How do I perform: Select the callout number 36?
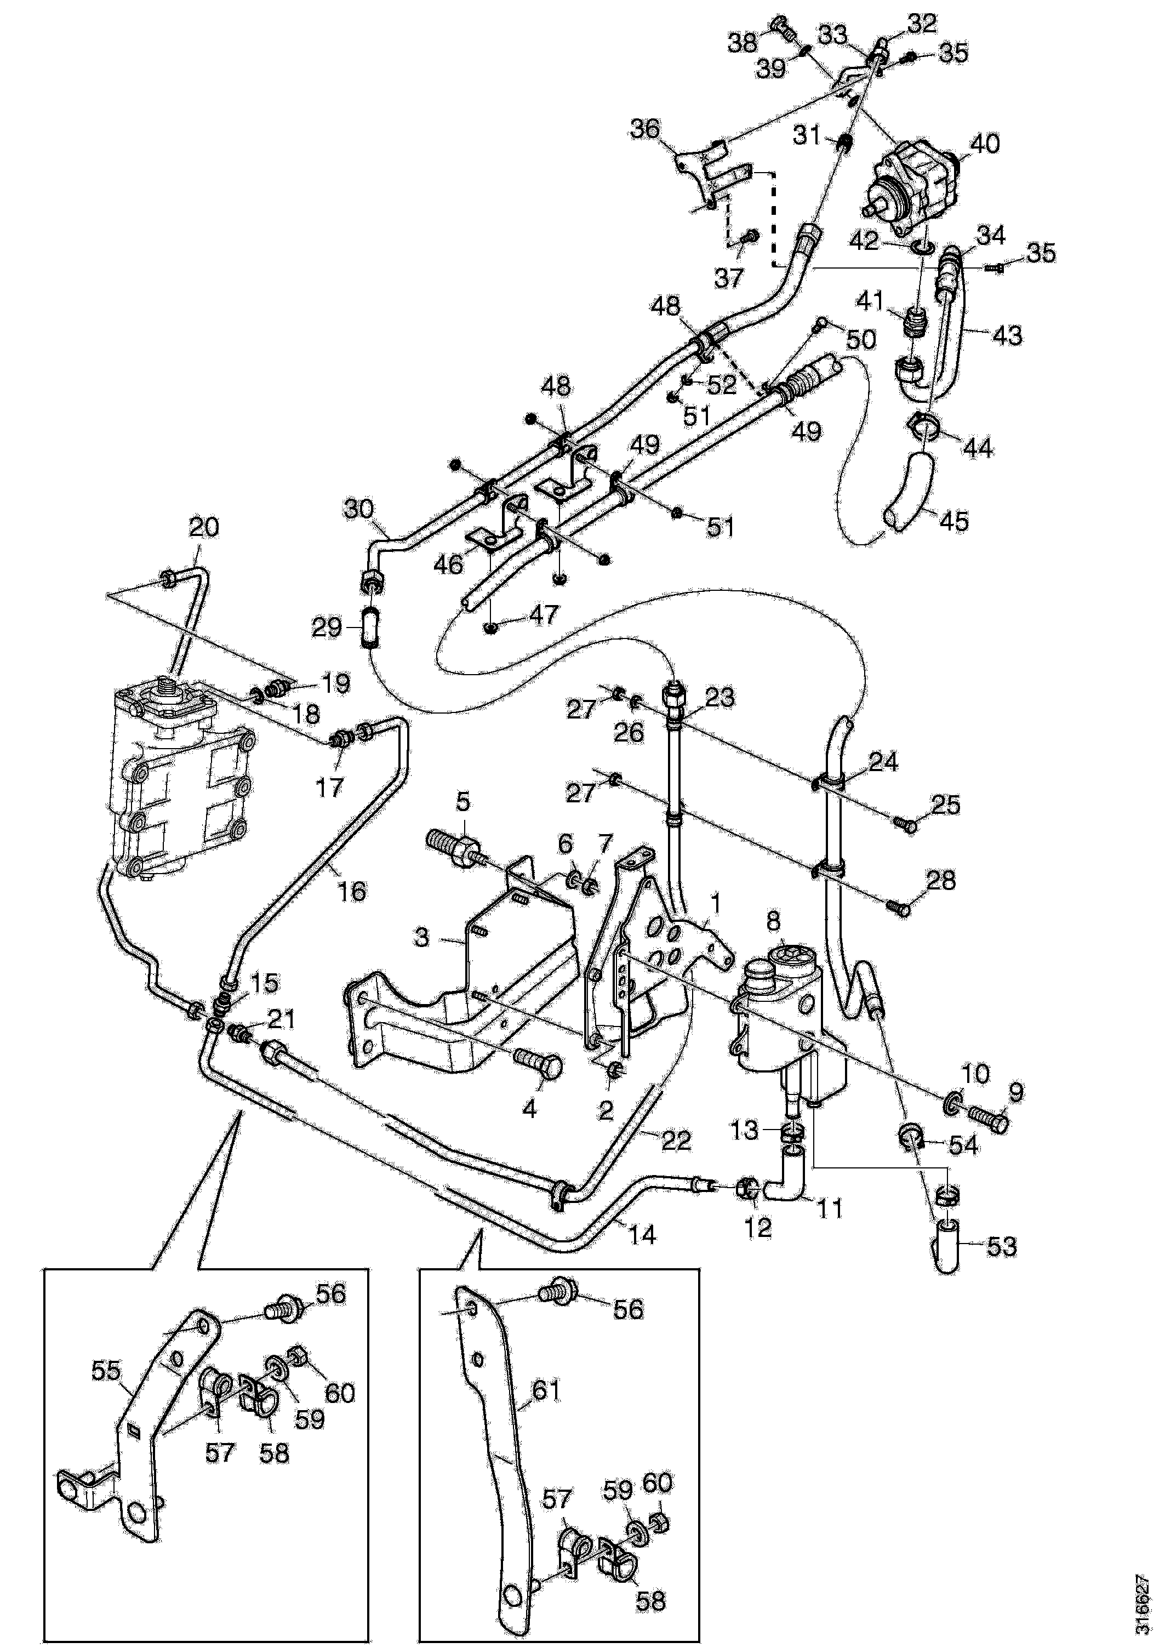coord(644,129)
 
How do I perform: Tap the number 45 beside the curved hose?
coord(955,521)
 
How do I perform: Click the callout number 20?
coord(204,528)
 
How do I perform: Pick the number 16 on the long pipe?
coord(352,892)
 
